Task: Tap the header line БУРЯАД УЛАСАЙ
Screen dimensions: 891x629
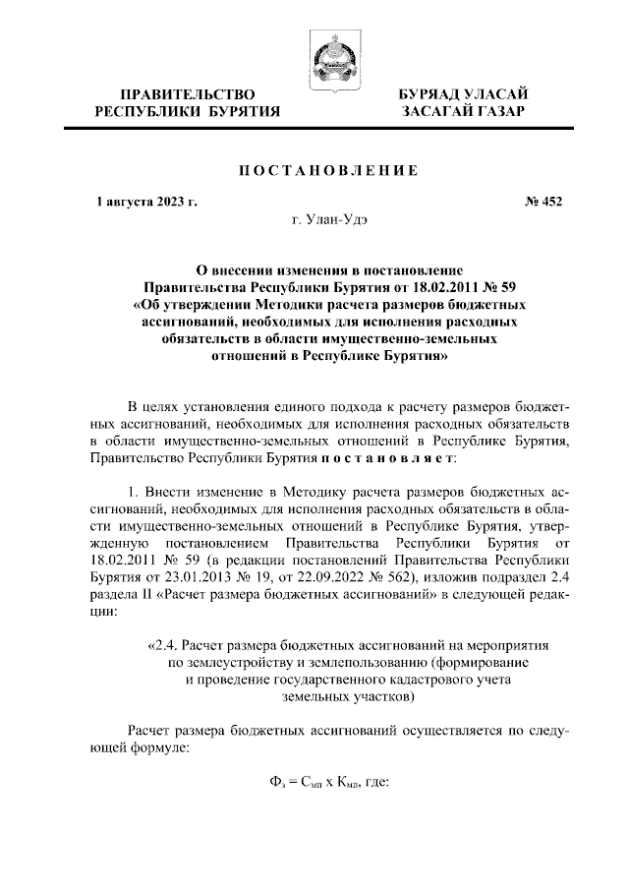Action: click(461, 93)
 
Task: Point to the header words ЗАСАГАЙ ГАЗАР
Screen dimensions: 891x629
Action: click(461, 112)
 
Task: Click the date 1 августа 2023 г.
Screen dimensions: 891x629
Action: click(146, 203)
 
